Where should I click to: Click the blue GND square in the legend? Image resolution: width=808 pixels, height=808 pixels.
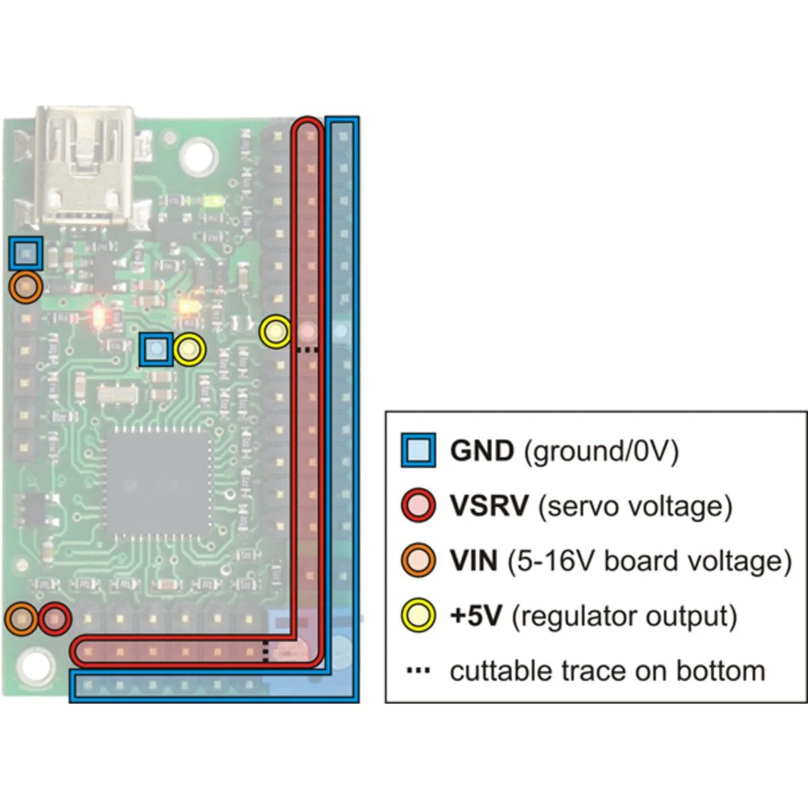pyautogui.click(x=418, y=450)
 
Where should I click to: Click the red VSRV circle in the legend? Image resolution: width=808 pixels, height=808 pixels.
pyautogui.click(x=418, y=505)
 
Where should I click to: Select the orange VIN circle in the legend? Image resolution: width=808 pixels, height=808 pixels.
pyautogui.click(x=418, y=560)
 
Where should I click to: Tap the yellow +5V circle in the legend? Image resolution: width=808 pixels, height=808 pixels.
pyautogui.click(x=418, y=615)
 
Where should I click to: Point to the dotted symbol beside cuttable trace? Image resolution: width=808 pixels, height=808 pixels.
pyautogui.click(x=419, y=671)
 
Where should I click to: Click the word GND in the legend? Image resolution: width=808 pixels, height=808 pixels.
pyautogui.click(x=481, y=450)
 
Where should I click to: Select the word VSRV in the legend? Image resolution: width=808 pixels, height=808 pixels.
pyautogui.click(x=489, y=506)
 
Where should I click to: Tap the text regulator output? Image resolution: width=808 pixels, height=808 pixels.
pyautogui.click(x=624, y=616)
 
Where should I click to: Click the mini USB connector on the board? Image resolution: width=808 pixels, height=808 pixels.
pyautogui.click(x=86, y=165)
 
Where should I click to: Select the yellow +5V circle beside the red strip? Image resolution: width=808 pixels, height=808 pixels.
pyautogui.click(x=275, y=332)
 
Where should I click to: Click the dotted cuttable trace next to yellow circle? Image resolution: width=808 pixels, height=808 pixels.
pyautogui.click(x=307, y=350)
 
